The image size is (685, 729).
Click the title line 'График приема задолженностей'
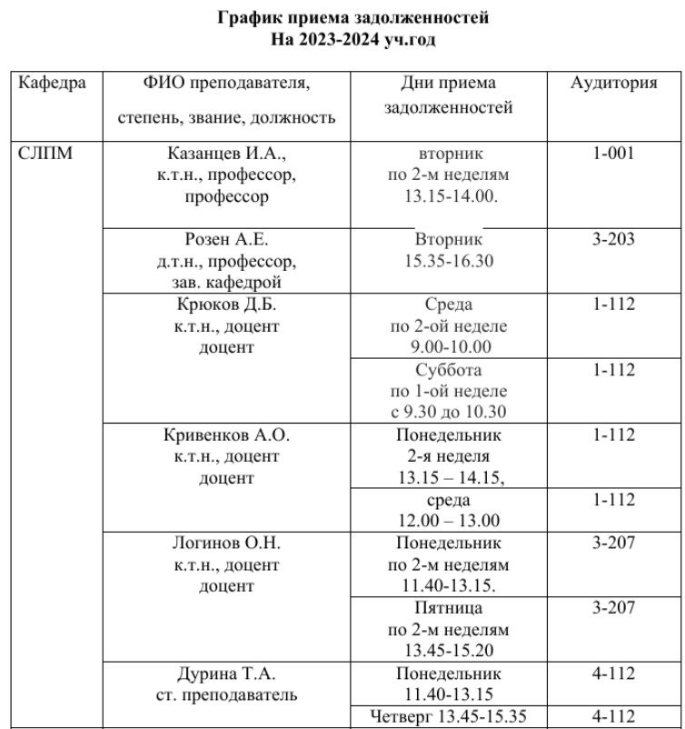click(x=342, y=17)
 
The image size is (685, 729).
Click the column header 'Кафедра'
click(x=53, y=84)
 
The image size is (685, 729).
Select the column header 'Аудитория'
click(x=613, y=84)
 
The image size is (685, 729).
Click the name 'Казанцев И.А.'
click(x=227, y=153)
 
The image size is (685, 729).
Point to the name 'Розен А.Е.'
click(x=227, y=241)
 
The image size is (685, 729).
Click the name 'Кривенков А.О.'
click(x=227, y=434)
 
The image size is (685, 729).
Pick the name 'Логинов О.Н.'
click(x=227, y=544)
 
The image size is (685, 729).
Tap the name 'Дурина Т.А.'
click(x=227, y=675)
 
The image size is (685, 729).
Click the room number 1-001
click(x=613, y=153)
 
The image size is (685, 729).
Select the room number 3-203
click(x=613, y=241)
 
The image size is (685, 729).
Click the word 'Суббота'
click(x=449, y=371)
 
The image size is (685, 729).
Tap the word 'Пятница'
click(x=449, y=608)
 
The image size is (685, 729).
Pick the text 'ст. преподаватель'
click(x=227, y=697)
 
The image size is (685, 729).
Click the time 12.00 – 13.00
click(x=449, y=521)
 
